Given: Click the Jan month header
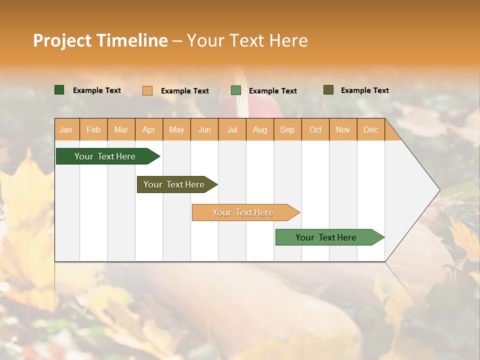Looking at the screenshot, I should pos(66,130).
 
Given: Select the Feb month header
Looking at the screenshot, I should pos(93,130).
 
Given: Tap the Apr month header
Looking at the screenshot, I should pos(149,130).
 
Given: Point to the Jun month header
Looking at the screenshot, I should pos(204,130).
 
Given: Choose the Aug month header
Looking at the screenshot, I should pos(260,130).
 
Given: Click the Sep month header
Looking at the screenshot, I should pos(287,130).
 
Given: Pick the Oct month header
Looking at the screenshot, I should pos(315,130).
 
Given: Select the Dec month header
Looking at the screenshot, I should pos(371,130).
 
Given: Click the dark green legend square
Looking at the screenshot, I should pos(59,90).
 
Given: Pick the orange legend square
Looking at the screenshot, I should pos(147,90).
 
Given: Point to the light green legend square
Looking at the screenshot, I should pos(236,90).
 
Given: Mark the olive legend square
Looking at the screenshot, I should pos(328,90).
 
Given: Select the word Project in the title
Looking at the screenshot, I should pos(62,40).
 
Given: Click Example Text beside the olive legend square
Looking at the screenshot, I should pos(364,90).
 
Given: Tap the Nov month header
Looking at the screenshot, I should pos(343,130).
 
